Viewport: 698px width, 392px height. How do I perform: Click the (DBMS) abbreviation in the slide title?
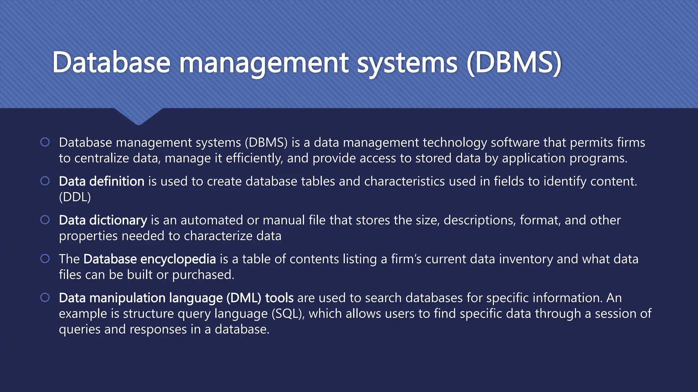514,63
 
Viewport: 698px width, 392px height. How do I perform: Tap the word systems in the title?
407,63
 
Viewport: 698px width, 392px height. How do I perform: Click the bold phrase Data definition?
102,181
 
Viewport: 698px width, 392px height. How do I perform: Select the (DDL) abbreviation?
75,197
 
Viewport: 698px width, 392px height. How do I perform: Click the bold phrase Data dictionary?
103,220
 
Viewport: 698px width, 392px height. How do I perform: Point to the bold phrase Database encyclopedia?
150,259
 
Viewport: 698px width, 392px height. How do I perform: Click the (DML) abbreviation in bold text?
244,298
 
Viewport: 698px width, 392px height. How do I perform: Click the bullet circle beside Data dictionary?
45,220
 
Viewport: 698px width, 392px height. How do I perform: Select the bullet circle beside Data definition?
45,181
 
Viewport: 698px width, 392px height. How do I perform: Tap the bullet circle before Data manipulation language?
45,298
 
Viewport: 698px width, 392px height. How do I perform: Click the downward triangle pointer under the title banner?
138,116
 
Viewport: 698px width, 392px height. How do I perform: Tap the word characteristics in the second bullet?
404,181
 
